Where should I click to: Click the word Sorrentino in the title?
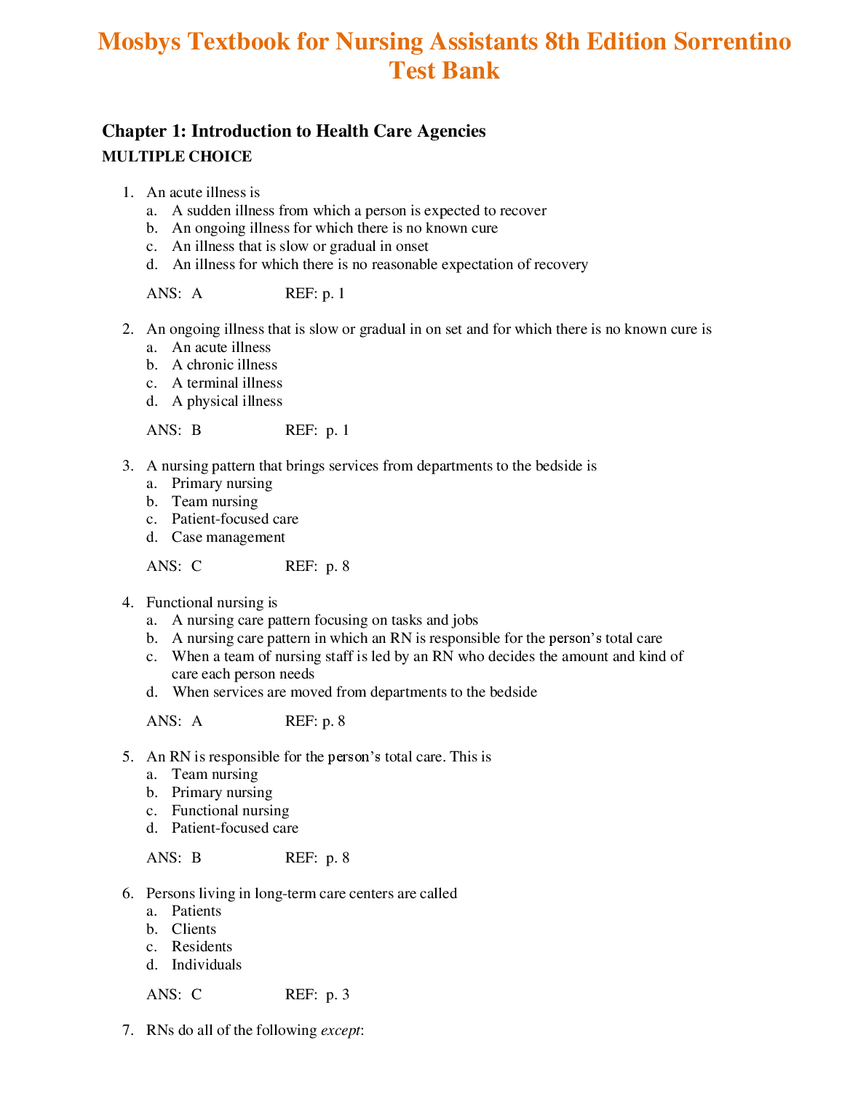732,41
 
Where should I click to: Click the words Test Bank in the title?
444,71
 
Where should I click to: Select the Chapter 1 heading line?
294,131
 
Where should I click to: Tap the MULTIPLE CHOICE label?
177,156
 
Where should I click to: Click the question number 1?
127,193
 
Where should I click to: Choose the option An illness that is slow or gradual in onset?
300,247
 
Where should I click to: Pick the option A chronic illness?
224,365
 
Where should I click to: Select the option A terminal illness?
226,383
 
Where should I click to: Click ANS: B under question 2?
174,431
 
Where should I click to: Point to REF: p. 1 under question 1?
315,294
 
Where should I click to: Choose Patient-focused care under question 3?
234,519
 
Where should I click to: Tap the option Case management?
228,537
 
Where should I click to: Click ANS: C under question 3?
174,567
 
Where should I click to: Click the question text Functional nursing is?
212,603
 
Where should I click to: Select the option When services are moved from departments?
354,692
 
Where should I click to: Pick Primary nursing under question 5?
222,793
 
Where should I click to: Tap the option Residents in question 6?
202,947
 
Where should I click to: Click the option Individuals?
206,965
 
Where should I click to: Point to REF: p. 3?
317,995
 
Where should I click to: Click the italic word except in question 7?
340,1031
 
